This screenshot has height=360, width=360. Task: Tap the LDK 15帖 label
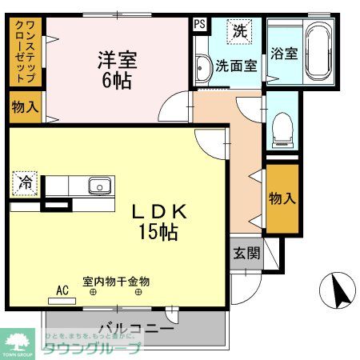160,222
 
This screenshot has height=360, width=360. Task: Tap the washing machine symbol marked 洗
239,32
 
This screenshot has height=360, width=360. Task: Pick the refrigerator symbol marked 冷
25,183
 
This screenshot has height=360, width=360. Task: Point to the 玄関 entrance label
246,254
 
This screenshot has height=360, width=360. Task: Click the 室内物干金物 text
116,282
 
